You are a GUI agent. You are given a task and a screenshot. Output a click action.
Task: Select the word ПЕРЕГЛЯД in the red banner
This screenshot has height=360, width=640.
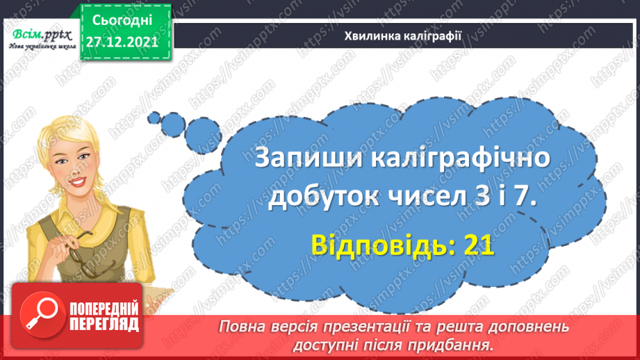(104, 325)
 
